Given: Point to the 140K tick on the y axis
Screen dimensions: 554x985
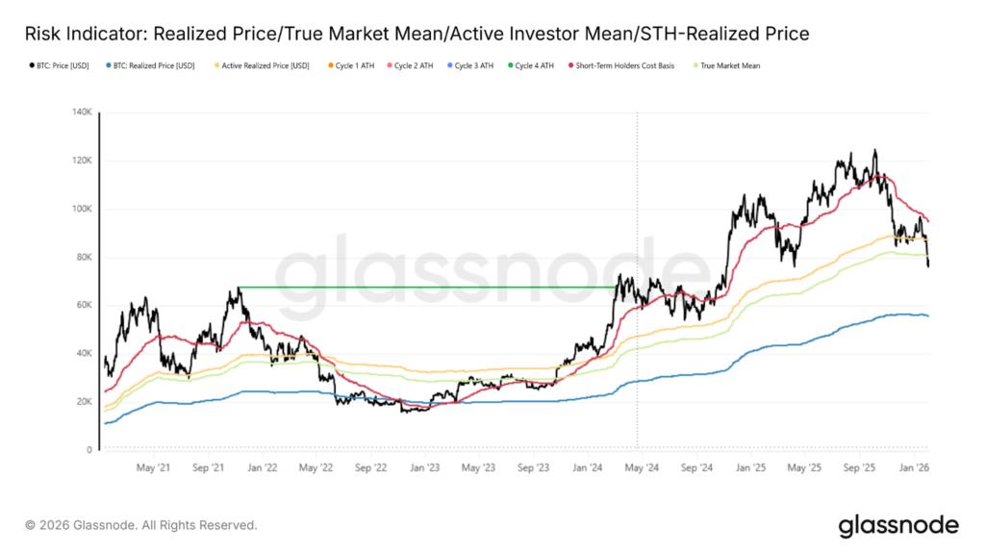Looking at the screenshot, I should (x=82, y=113).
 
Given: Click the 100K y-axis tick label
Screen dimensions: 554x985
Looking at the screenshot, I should (x=82, y=209).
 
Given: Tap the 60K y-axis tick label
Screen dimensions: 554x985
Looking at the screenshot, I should (x=84, y=305).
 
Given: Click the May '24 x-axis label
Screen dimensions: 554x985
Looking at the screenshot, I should (x=642, y=466).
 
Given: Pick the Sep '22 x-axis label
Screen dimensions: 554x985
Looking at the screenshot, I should (x=370, y=466).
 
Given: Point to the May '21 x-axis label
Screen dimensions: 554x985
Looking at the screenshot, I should (x=154, y=466).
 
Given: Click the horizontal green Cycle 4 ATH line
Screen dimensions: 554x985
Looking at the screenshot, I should (x=423, y=287).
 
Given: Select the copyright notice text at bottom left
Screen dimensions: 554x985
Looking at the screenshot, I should (x=141, y=525).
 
